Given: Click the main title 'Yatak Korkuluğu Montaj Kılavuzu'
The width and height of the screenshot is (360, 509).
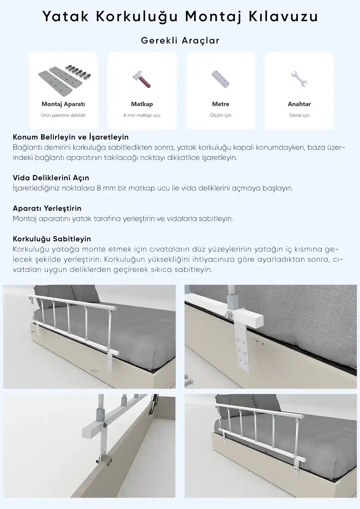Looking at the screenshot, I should click(x=180, y=16).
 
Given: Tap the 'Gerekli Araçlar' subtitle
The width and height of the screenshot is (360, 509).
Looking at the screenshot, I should click(x=180, y=40).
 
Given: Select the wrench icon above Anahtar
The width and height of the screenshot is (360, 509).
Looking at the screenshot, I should click(x=299, y=79).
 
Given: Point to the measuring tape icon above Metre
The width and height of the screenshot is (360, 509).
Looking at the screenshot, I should click(x=221, y=79).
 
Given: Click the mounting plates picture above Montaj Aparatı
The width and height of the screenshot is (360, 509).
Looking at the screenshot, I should click(x=63, y=80).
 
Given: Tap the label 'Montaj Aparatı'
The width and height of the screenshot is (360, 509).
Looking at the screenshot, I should click(x=63, y=104).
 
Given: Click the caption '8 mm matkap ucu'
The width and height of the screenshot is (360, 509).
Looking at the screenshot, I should click(x=142, y=115).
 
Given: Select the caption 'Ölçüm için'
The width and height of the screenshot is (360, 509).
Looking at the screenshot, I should click(x=220, y=115).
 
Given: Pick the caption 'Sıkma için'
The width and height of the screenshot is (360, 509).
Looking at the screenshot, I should click(x=299, y=115).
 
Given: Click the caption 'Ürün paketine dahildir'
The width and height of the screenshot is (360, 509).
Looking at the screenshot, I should click(x=63, y=115).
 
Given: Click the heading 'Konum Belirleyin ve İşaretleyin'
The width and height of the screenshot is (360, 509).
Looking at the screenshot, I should click(x=71, y=137).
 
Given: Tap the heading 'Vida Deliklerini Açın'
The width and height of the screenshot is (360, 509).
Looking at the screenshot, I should click(x=51, y=178).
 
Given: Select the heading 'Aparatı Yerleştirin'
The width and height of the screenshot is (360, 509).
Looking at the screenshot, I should click(x=47, y=208).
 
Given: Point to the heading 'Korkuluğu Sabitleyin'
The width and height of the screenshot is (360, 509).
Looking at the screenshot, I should click(x=52, y=239).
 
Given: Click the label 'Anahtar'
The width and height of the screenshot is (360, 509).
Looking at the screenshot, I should click(x=299, y=104).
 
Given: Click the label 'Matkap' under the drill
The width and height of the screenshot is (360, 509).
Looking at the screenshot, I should click(x=142, y=104).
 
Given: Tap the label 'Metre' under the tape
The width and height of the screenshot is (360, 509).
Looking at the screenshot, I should click(x=220, y=104).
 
